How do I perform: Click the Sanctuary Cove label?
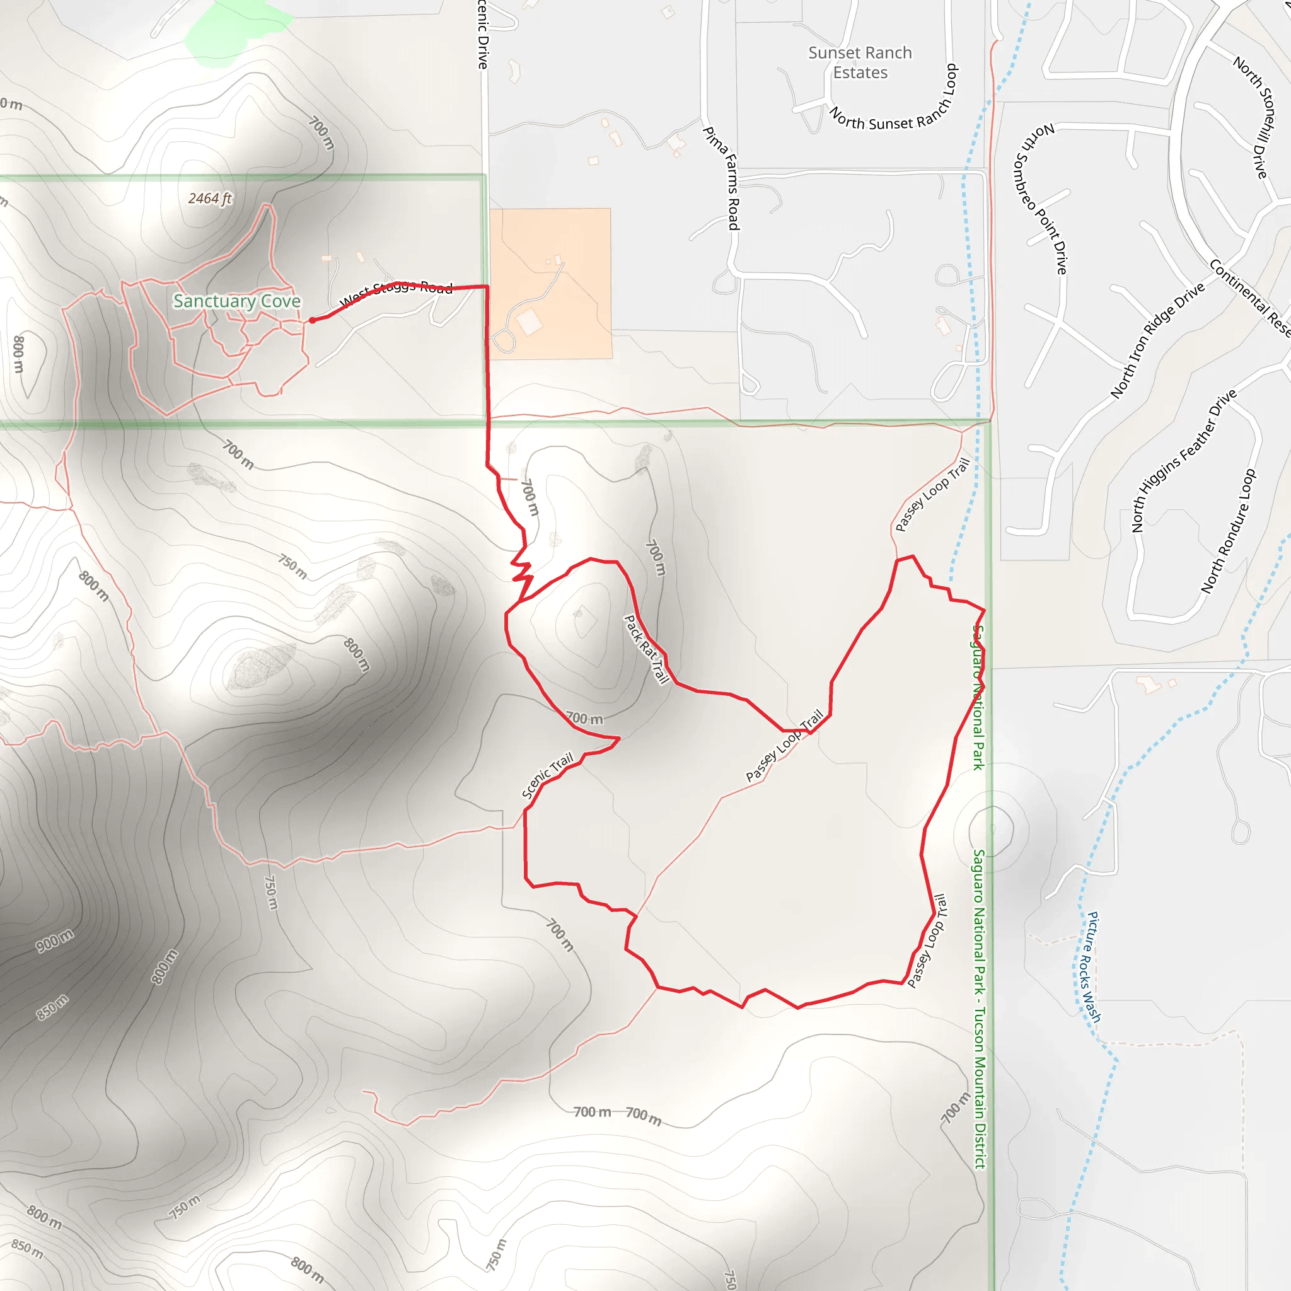tap(236, 301)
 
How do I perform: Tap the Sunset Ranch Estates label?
tap(860, 63)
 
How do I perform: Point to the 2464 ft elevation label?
tap(210, 199)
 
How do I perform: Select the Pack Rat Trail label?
tap(646, 649)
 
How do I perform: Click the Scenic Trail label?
tap(547, 775)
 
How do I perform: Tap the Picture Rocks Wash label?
tap(1093, 967)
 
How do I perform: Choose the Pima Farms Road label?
tap(722, 178)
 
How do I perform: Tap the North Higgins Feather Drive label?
tap(1183, 460)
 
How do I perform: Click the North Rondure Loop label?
tap(1228, 531)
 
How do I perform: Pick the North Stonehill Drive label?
tap(1254, 117)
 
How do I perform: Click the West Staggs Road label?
tap(397, 292)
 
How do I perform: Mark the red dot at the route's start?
tap(312, 320)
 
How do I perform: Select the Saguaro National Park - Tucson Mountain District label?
tap(979, 1009)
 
